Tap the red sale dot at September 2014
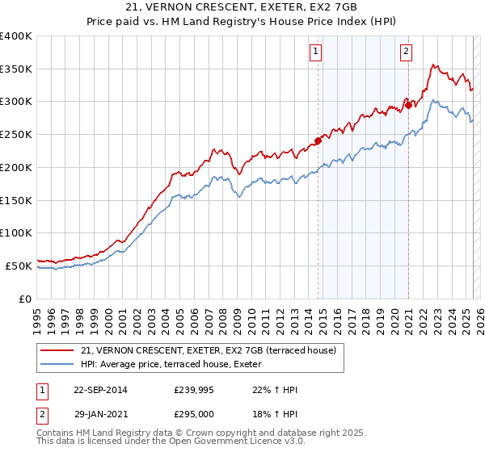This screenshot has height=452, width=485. (x=318, y=140)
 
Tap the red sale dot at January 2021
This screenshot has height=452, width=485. (x=408, y=104)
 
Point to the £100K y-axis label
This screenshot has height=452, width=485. (x=16, y=232)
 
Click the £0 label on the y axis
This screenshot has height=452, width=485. (x=25, y=298)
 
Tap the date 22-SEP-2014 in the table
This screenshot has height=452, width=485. (x=100, y=390)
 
